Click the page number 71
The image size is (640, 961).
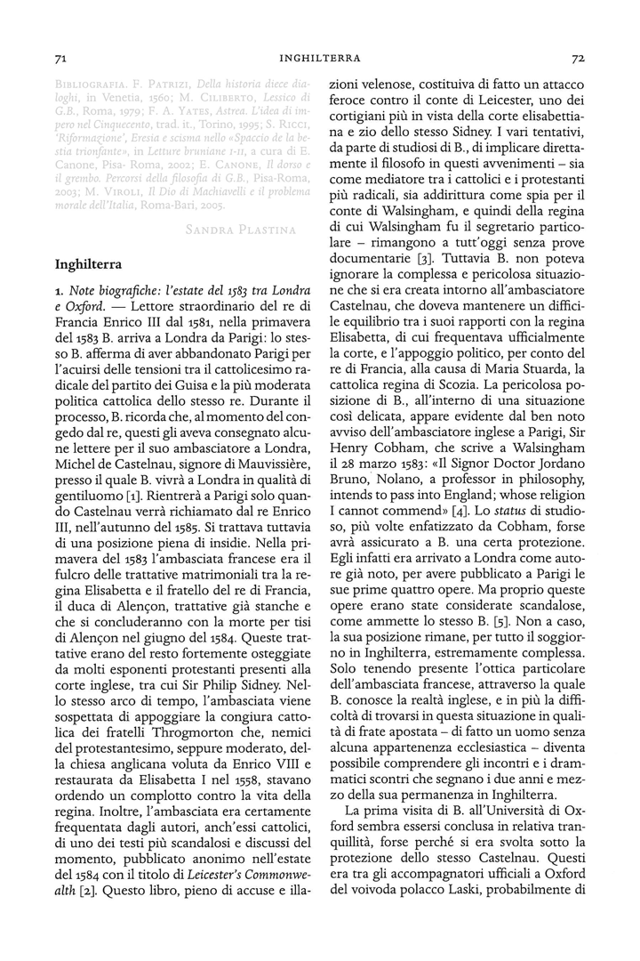60,59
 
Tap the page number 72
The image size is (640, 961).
577,59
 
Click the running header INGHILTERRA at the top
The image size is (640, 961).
320,59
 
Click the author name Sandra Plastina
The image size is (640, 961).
240,230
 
